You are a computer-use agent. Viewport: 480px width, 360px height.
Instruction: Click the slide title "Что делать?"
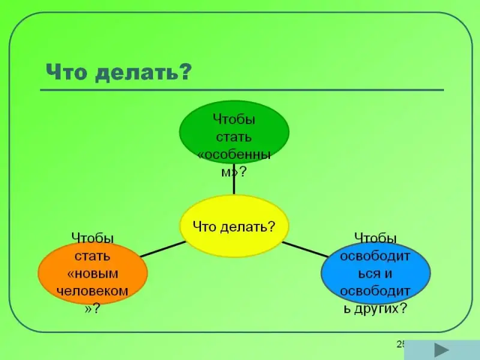(119, 72)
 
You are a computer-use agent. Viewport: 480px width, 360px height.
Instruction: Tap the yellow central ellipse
(234, 226)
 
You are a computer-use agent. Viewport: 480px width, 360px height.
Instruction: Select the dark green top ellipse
(234, 132)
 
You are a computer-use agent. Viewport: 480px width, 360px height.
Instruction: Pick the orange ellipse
(93, 273)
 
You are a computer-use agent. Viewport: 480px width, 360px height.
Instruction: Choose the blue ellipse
(376, 273)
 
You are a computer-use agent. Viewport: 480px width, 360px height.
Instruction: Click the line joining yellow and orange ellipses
(163, 249)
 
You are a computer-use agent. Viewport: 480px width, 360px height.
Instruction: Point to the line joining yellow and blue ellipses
(305, 250)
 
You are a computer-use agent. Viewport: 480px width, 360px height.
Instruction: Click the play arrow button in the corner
(442, 350)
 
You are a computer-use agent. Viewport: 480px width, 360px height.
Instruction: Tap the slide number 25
(401, 344)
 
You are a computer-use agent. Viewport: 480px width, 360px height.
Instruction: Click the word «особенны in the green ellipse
(234, 155)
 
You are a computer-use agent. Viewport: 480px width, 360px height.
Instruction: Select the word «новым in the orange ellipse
(92, 274)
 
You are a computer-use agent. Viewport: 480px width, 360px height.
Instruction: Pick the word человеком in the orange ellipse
(92, 291)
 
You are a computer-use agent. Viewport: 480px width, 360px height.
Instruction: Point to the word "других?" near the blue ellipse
(381, 308)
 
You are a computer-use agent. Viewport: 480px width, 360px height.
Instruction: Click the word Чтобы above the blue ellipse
(376, 238)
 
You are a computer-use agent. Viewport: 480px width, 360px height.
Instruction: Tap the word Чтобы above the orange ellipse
(92, 238)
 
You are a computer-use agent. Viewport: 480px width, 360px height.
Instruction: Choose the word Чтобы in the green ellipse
(234, 119)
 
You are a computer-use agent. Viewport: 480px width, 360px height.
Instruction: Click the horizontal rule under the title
(242, 90)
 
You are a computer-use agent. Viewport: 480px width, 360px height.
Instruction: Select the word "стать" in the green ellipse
(234, 137)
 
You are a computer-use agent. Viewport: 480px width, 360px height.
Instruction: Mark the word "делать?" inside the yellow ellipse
(247, 227)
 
